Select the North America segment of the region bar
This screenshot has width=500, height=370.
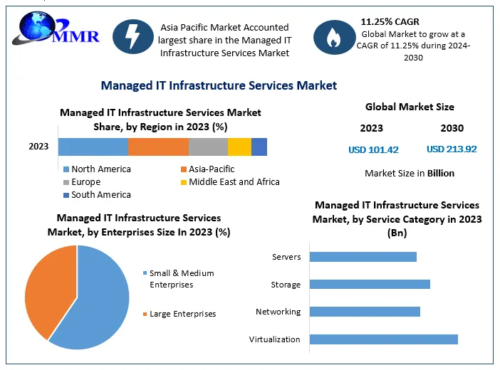[x=93, y=147]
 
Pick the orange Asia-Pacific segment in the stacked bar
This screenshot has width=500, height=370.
[x=158, y=147]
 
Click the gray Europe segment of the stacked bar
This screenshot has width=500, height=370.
[x=208, y=147]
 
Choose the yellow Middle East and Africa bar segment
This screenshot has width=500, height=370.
[x=239, y=147]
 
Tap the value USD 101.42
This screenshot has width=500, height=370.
[x=373, y=149]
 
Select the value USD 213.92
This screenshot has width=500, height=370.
[x=452, y=149]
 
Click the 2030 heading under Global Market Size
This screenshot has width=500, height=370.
[x=452, y=129]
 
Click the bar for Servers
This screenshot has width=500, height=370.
[x=363, y=257]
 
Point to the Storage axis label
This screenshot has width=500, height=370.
[x=286, y=285]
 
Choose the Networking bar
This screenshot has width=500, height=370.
[x=365, y=312]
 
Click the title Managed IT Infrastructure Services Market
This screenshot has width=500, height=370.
[x=219, y=85]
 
